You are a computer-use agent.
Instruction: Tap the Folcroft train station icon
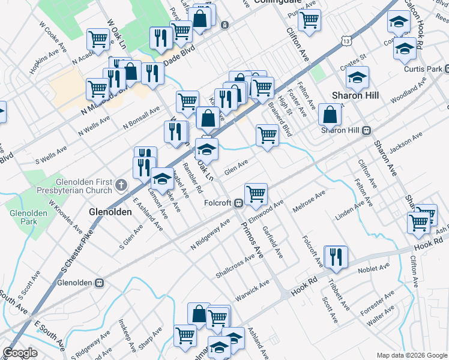238,202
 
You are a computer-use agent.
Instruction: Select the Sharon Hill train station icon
366,130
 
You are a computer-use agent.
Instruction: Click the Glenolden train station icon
100,282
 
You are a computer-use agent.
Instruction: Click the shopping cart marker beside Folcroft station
256,194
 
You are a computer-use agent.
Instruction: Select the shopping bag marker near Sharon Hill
330,114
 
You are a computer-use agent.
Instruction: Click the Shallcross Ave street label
236,263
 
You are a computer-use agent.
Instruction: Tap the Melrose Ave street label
309,202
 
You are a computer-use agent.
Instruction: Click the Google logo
20,352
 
